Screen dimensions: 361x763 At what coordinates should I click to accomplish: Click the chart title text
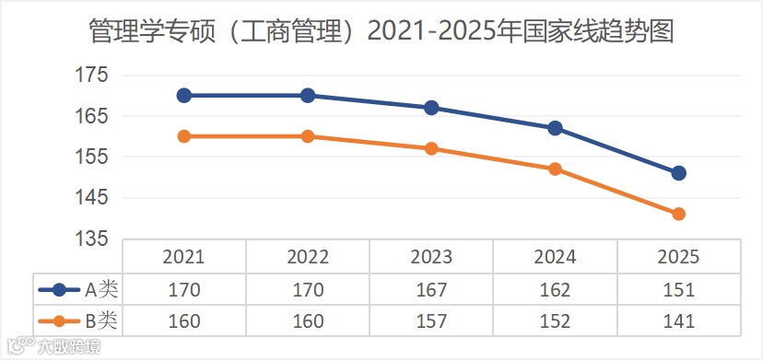click(381, 32)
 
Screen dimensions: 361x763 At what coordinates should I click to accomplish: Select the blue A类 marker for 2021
click(184, 96)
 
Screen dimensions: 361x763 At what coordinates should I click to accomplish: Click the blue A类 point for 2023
click(431, 108)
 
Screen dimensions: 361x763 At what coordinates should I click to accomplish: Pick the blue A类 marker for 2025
click(678, 173)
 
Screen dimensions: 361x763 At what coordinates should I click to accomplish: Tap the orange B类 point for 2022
click(308, 136)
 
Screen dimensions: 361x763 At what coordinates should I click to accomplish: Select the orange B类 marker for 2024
click(555, 169)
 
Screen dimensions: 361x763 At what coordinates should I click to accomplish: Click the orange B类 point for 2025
click(678, 214)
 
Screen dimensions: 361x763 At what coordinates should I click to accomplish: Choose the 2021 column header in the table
click(184, 257)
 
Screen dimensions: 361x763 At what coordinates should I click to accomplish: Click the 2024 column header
click(555, 257)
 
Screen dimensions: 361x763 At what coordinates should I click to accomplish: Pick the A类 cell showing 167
click(431, 289)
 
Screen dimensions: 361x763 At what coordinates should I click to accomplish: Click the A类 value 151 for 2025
click(678, 289)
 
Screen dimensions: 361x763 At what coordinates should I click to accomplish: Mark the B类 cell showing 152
click(555, 320)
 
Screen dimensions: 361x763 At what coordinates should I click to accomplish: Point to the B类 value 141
click(678, 320)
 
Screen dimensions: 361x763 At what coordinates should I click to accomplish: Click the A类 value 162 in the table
click(555, 289)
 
